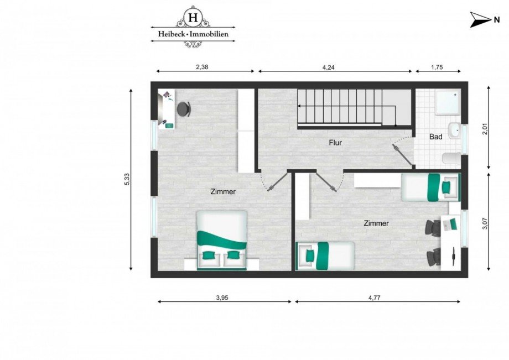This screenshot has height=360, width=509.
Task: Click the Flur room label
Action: tap(335, 143)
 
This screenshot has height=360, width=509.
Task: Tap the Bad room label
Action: tap(436, 136)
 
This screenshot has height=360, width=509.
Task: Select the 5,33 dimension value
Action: tap(127, 180)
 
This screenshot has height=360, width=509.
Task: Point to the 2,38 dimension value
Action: tap(205, 66)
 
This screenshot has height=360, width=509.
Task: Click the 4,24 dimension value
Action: tap(335, 66)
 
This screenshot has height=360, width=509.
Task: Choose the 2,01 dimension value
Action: tap(485, 129)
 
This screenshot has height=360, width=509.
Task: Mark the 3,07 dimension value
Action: tap(485, 223)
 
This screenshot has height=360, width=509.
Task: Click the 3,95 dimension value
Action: tap(222, 298)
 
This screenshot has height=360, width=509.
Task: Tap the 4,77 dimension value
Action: tap(374, 298)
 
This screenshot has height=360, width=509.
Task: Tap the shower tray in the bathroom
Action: tap(447, 102)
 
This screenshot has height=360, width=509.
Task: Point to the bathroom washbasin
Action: tap(454, 131)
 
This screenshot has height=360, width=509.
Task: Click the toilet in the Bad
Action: tap(451, 158)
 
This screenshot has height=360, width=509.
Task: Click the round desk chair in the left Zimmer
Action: tap(184, 109)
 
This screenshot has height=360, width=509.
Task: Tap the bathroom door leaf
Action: tap(403, 155)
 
